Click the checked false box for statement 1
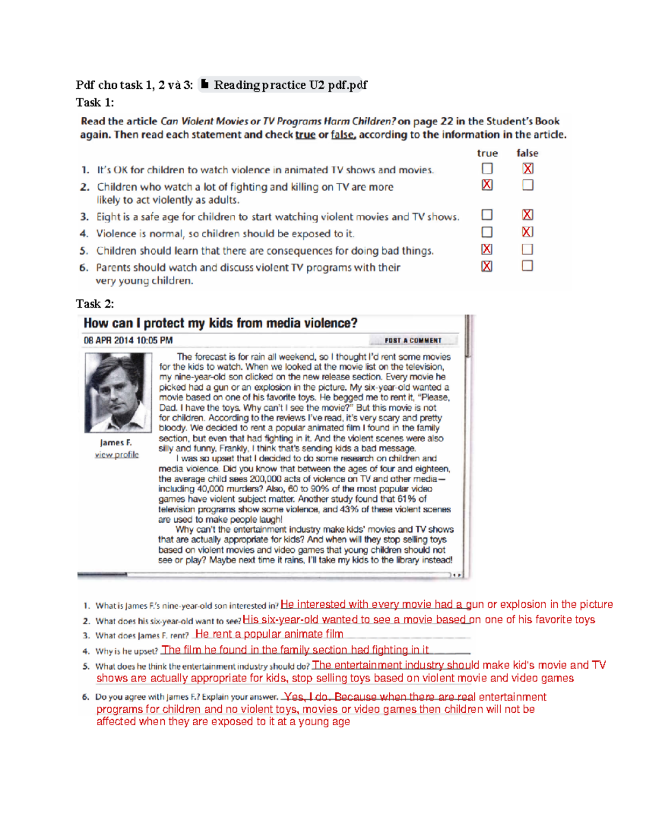click(x=528, y=168)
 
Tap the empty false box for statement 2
click(x=528, y=185)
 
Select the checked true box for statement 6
click(x=487, y=266)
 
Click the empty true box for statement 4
click(x=487, y=232)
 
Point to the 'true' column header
click(x=487, y=153)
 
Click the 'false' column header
click(x=527, y=153)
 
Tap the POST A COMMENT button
click(x=413, y=340)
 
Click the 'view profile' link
click(x=117, y=455)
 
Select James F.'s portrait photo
click(x=118, y=392)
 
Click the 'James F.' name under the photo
click(x=116, y=442)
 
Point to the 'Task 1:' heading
click(x=95, y=102)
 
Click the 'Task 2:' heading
click(x=95, y=304)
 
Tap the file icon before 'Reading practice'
click(x=205, y=84)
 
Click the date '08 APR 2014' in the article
click(x=108, y=340)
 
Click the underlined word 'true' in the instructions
click(x=305, y=135)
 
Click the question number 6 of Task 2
click(x=86, y=697)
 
